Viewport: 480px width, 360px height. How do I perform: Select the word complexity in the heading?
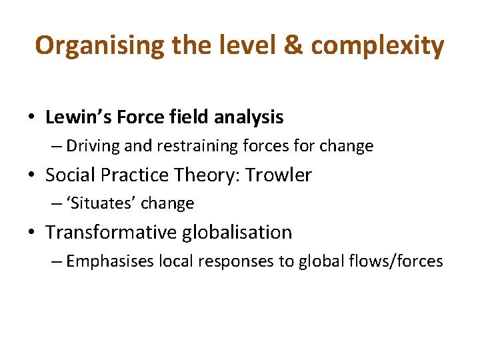coord(377,45)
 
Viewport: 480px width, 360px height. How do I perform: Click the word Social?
coord(69,175)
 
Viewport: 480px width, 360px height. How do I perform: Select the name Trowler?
coord(279,175)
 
